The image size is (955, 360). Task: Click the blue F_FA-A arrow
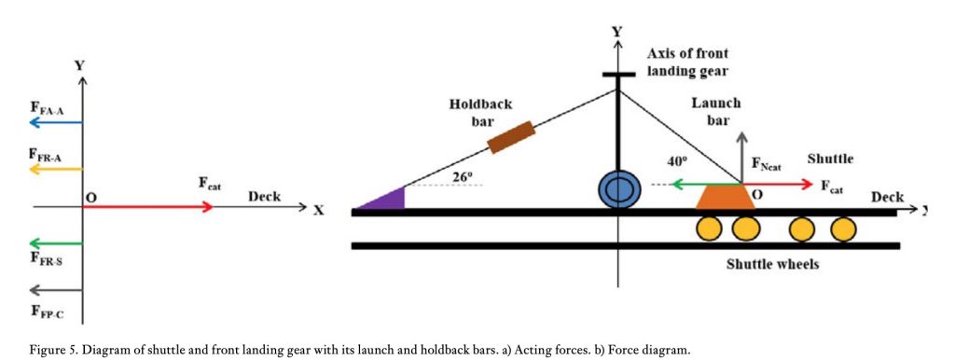tap(56, 122)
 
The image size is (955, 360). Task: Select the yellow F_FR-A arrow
tap(56, 169)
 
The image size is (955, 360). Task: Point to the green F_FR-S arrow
tap(56, 242)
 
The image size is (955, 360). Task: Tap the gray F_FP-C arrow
tap(56, 289)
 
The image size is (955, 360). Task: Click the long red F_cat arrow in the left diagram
tap(149, 206)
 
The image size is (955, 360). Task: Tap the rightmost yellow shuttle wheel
tap(843, 228)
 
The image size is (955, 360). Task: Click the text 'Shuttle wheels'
tap(773, 264)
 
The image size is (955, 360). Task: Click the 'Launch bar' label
tap(715, 113)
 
